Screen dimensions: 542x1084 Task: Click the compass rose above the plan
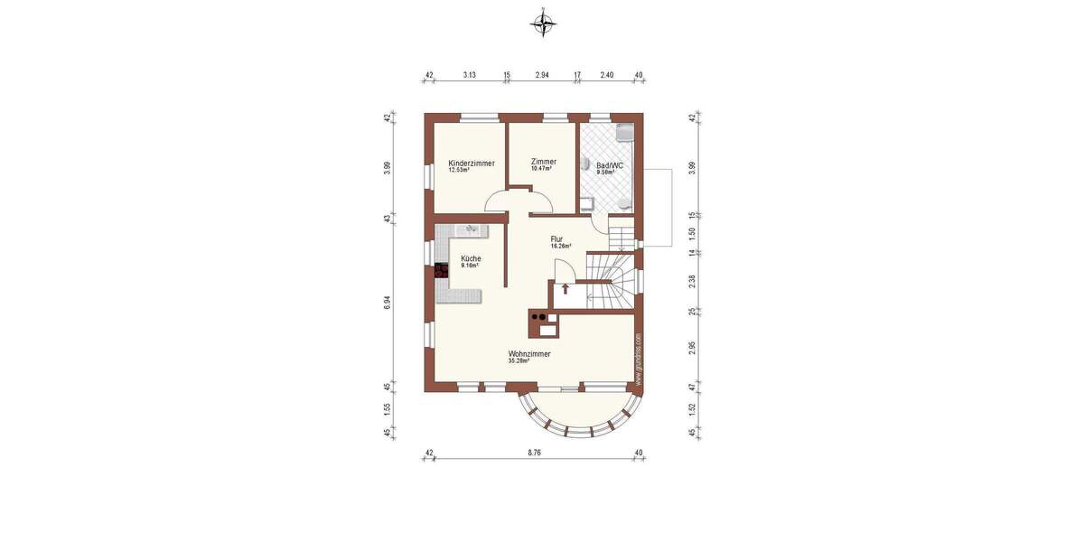542,24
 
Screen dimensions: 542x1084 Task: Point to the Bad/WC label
610,167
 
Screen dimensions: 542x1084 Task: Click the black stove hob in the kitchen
442,269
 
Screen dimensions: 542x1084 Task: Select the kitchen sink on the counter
471,230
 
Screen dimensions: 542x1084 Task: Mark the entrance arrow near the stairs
565,289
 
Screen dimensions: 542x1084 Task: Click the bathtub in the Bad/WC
624,133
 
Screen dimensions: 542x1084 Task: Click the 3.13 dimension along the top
469,75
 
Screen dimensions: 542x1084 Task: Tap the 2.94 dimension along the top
542,75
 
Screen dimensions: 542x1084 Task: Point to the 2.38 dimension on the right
692,281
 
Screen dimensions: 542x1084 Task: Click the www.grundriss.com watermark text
638,359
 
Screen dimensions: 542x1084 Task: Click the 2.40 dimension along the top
607,75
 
